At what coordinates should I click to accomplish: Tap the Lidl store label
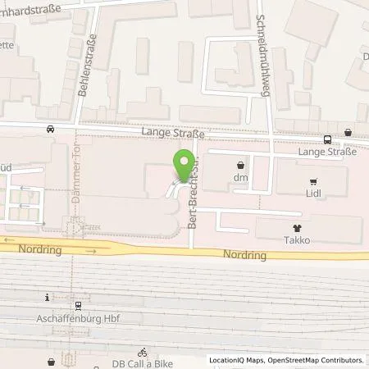click(x=312, y=197)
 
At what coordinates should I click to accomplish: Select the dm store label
click(x=240, y=178)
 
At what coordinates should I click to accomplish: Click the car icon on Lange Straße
click(x=52, y=129)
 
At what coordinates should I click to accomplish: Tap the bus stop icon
click(x=327, y=139)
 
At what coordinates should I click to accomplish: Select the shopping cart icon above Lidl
click(x=312, y=182)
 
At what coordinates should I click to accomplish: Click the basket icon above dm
click(x=240, y=163)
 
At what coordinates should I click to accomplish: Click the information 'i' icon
click(x=48, y=297)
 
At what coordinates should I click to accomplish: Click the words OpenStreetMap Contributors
click(x=321, y=360)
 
